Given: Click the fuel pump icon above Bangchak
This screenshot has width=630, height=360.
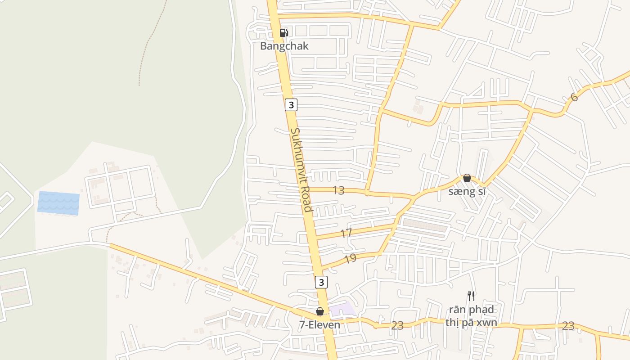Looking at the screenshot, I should coord(283,32).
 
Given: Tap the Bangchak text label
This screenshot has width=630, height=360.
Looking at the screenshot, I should coord(284,46).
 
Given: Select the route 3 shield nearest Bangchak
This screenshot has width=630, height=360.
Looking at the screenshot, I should coord(291,105).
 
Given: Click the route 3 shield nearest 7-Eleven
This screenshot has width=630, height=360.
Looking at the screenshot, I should coord(321,282).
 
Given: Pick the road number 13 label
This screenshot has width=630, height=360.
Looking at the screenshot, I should coord(338,190).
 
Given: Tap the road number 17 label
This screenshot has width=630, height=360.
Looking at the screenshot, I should coord(346,233).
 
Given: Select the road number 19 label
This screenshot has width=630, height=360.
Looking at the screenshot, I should coord(350,258).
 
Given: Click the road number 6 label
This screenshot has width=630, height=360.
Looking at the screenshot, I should coord(574,97).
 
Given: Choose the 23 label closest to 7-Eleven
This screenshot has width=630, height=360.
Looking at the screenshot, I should coord(397,325).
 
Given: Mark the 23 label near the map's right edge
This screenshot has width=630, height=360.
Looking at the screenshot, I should coord(568,326).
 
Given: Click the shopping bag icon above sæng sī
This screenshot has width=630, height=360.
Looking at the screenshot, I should coord(467,178).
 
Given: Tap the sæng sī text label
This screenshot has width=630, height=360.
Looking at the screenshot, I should coord(468,192).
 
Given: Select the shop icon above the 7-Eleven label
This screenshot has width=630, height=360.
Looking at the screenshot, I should coord(320,311).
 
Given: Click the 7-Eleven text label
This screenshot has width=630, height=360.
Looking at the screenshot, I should coord(319,324).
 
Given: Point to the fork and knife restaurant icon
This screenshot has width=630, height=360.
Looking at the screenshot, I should coord(471,296).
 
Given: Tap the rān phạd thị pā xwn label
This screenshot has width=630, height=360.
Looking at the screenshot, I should coord(471,316).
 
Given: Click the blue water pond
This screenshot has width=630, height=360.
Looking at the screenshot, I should coord(58,203).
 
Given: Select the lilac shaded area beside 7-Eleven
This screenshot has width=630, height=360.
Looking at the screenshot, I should coord(342,310).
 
